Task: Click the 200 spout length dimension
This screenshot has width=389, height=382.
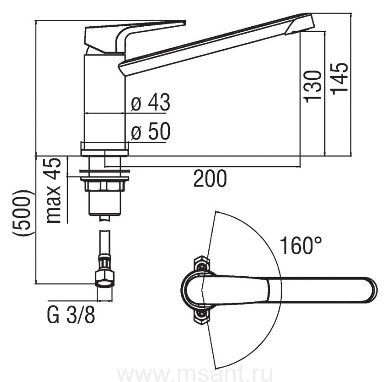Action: [210, 178]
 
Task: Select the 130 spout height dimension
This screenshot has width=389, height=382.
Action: [312, 86]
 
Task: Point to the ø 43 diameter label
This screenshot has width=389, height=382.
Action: [150, 102]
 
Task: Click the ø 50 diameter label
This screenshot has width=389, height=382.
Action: [150, 131]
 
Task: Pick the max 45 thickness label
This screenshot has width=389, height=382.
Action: [54, 190]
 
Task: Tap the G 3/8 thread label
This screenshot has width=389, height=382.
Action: [71, 316]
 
